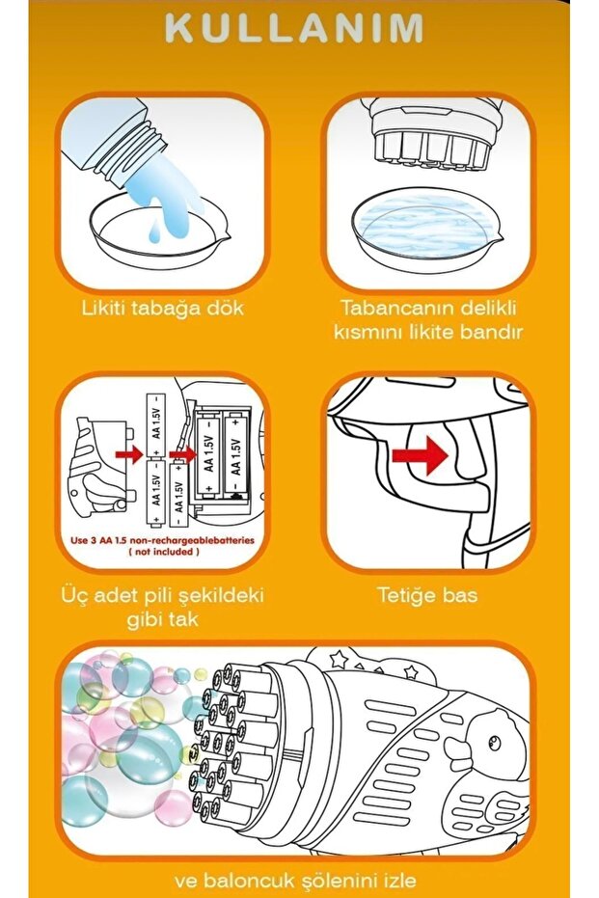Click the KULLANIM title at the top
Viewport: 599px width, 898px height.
[294, 29]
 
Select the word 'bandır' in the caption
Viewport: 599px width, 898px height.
[492, 332]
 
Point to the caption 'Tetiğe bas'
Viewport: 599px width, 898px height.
[427, 596]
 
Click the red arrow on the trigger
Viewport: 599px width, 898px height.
[420, 454]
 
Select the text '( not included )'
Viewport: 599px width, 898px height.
[164, 552]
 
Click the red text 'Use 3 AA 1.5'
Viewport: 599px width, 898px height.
[102, 540]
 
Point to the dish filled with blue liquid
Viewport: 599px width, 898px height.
[426, 227]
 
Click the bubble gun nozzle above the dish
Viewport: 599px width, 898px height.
[430, 136]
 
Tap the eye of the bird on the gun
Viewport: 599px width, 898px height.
[493, 744]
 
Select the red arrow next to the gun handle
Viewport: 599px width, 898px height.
[129, 454]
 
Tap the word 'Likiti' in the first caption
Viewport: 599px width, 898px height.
[104, 308]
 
